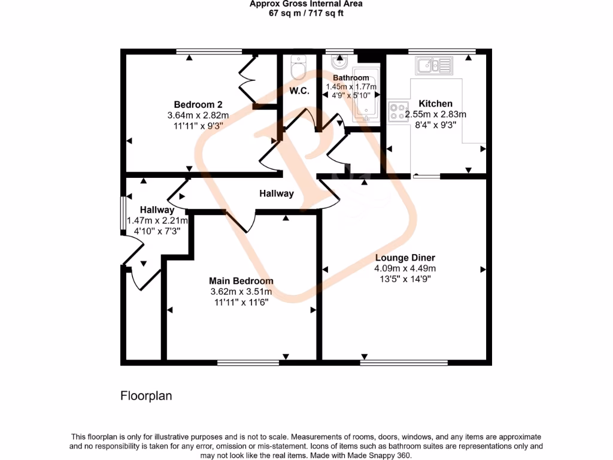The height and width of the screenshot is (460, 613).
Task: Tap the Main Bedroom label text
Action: (x=241, y=281)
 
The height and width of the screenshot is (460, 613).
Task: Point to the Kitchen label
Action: (x=435, y=104)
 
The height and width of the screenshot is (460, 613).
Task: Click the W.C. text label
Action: (x=299, y=91)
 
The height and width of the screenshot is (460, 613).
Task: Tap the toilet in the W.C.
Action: (x=297, y=69)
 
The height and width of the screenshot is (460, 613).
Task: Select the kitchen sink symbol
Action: (x=434, y=65)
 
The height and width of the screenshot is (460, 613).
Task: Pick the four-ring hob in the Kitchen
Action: (x=396, y=111)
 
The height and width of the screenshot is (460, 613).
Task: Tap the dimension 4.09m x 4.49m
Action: (x=405, y=268)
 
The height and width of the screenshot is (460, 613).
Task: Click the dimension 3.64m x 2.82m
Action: (x=198, y=115)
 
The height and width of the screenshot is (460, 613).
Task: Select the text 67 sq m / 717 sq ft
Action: (x=306, y=13)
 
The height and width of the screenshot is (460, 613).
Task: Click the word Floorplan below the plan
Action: (x=147, y=396)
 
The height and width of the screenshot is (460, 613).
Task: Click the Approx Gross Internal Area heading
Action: (x=306, y=4)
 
